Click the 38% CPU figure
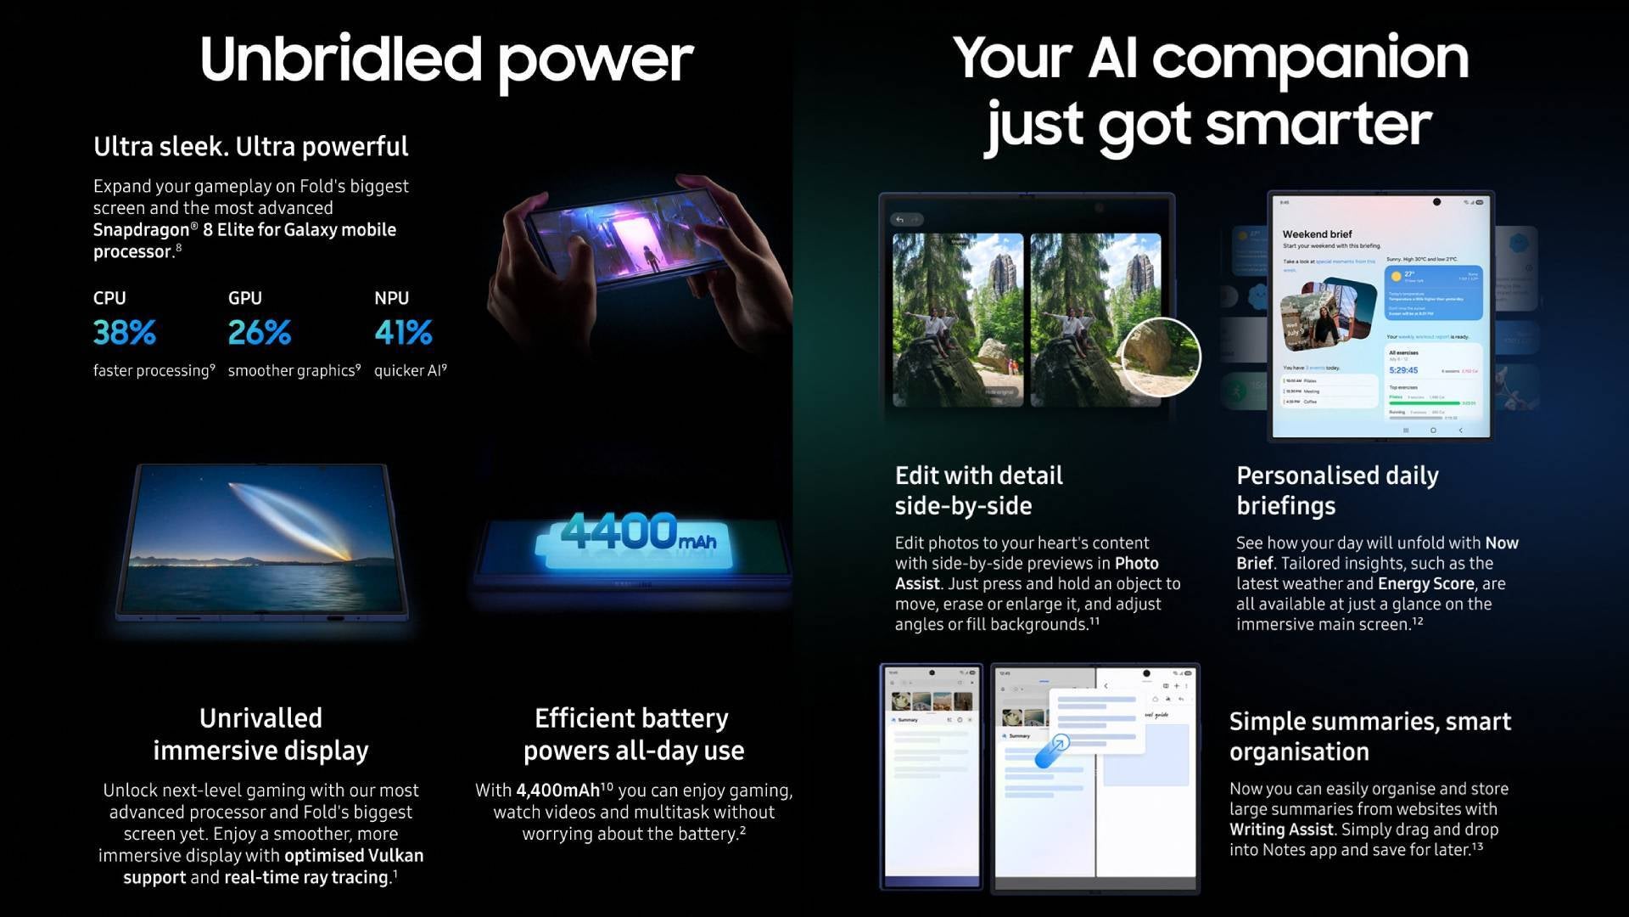pyautogui.click(x=124, y=332)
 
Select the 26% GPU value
pyautogui.click(x=259, y=332)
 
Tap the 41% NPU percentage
pyautogui.click(x=403, y=332)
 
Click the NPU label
pyautogui.click(x=391, y=298)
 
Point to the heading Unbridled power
pyautogui.click(x=446, y=59)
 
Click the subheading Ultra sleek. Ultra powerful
pyautogui.click(x=250, y=146)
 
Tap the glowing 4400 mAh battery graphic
pyautogui.click(x=637, y=536)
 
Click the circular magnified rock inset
pyautogui.click(x=1160, y=357)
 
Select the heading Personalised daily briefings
pyautogui.click(x=1336, y=490)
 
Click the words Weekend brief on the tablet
pyautogui.click(x=1317, y=234)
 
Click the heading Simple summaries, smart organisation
pyautogui.click(x=1369, y=736)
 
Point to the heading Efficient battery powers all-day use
pyautogui.click(x=633, y=734)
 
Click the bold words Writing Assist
pyautogui.click(x=1281, y=830)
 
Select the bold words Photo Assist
pyautogui.click(x=1027, y=573)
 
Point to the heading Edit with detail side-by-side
pyautogui.click(x=978, y=490)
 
